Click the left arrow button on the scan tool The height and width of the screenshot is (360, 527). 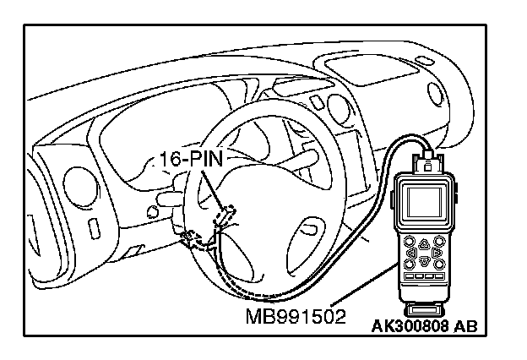(411, 252)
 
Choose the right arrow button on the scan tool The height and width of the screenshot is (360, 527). (436, 252)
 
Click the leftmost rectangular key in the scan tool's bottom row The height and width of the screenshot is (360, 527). (410, 275)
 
